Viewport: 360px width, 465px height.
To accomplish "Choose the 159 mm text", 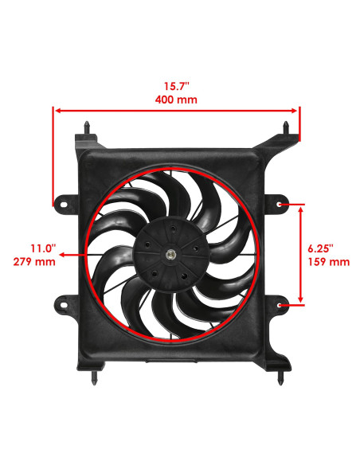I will pyautogui.click(x=328, y=261).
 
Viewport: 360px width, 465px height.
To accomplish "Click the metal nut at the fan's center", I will pyautogui.click(x=172, y=255).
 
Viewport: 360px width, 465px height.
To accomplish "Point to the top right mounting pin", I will pyautogui.click(x=287, y=127).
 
